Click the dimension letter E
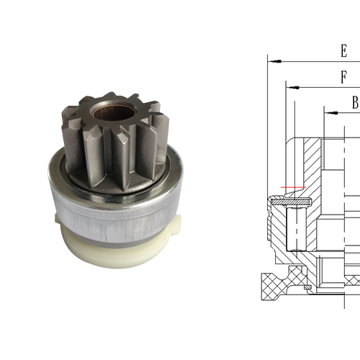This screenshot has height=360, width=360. tap(343, 52)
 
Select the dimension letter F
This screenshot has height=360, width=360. tap(343, 77)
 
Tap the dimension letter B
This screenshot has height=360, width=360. tap(354, 103)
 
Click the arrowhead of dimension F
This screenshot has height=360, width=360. tap(290, 87)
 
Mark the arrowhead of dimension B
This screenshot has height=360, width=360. tap(328, 112)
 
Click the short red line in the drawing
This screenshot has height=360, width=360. tap(294, 189)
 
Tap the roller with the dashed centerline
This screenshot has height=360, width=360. tap(295, 226)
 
